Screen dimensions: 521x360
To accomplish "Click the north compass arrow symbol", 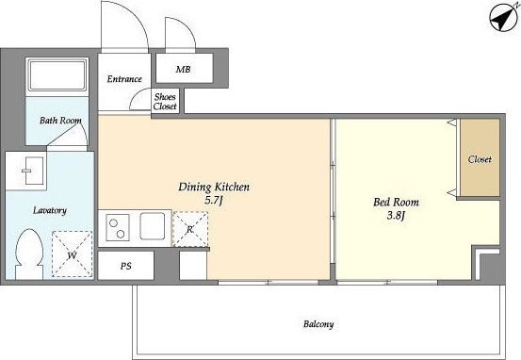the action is (503, 18).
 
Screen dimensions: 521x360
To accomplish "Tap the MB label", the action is (183, 69).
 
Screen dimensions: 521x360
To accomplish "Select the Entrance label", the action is (124, 79).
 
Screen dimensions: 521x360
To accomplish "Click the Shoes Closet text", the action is (165, 102).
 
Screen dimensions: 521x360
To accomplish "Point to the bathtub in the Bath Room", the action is (57, 75).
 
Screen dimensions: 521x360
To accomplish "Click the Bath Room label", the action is (60, 120).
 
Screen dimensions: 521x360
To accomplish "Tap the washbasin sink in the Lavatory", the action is (34, 171).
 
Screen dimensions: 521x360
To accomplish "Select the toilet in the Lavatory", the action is (29, 254).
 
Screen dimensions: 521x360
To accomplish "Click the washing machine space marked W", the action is (73, 254).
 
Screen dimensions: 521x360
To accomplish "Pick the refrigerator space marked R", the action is (190, 229).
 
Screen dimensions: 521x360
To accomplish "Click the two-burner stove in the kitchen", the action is (117, 227).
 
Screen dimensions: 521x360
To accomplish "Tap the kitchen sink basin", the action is (153, 226).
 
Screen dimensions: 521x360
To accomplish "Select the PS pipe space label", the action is (126, 266).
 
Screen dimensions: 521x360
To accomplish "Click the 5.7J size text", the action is (213, 200).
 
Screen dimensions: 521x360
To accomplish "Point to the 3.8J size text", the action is (396, 216).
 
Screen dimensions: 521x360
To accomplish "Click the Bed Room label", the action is (396, 202).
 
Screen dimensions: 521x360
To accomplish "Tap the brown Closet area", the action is (480, 157).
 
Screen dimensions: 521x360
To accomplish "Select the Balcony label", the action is (318, 324).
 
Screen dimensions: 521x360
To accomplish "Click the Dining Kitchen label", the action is (214, 187).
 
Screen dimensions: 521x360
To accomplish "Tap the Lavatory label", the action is (50, 210).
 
